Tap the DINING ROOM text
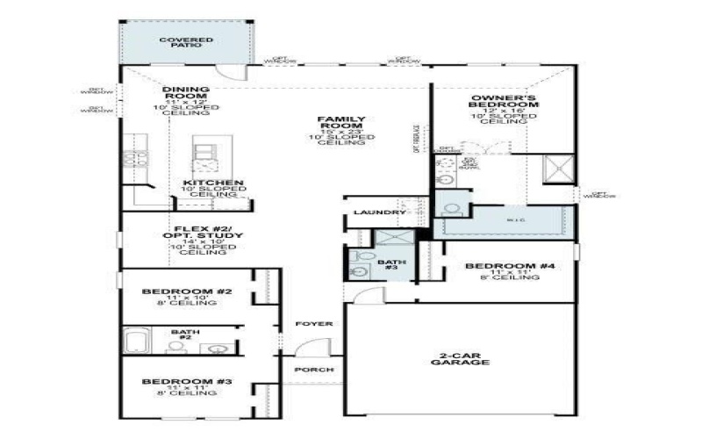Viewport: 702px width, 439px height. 186,94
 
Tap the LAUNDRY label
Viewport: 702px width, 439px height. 378,213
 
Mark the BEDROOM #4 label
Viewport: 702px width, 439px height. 499,267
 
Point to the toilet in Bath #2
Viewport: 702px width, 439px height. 175,347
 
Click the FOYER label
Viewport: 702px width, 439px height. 314,324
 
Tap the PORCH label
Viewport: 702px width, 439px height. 314,370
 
